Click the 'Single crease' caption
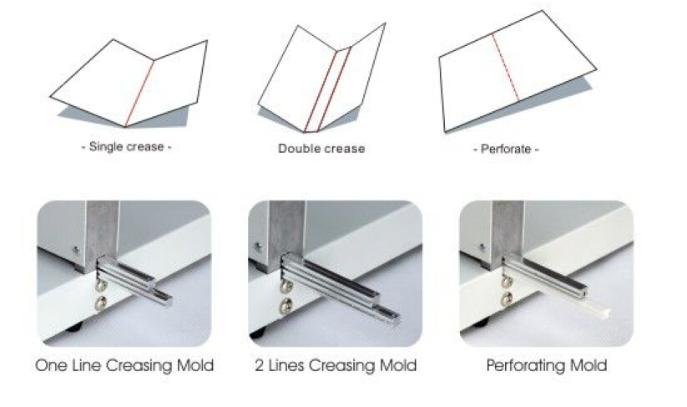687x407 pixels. [x=126, y=146]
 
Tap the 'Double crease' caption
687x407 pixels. [x=321, y=149]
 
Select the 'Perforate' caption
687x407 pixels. [x=506, y=149]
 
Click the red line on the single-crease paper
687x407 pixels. [x=139, y=93]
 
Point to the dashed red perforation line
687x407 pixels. [x=505, y=68]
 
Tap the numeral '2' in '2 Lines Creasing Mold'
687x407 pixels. [x=260, y=365]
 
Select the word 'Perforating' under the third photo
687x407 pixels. [x=528, y=366]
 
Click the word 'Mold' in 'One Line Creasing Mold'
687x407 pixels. [x=195, y=365]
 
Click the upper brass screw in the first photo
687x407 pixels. [x=101, y=286]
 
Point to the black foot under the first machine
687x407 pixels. [x=75, y=328]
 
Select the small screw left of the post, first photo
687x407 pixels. [x=77, y=251]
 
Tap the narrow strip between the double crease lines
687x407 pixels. [x=328, y=91]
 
